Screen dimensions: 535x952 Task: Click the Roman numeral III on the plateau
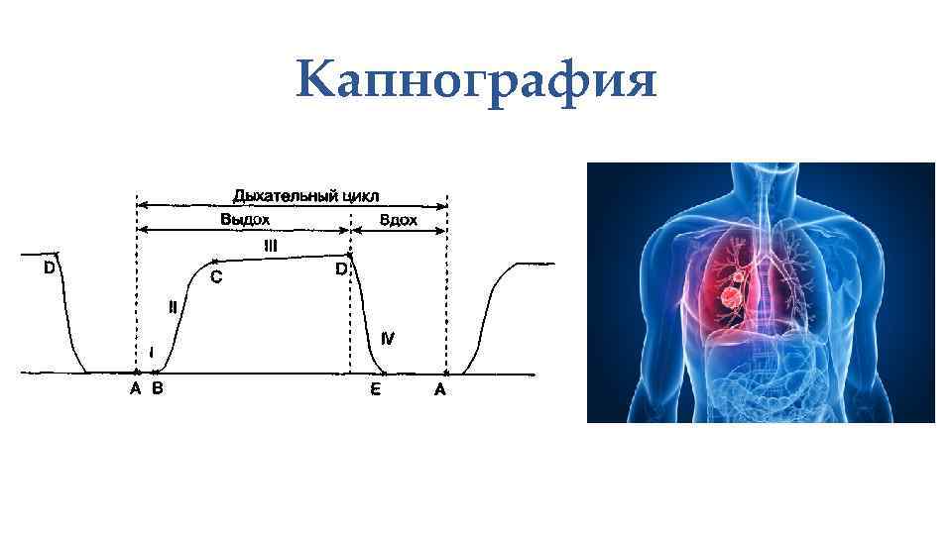tap(270, 244)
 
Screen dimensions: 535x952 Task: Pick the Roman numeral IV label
tap(389, 338)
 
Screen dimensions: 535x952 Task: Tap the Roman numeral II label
tap(174, 307)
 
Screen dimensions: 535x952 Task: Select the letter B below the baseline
tap(158, 389)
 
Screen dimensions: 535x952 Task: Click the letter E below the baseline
tap(376, 390)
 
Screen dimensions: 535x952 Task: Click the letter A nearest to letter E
tap(440, 390)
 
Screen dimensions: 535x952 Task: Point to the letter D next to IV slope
tap(340, 268)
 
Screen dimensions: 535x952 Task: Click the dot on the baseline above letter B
tap(150, 374)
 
